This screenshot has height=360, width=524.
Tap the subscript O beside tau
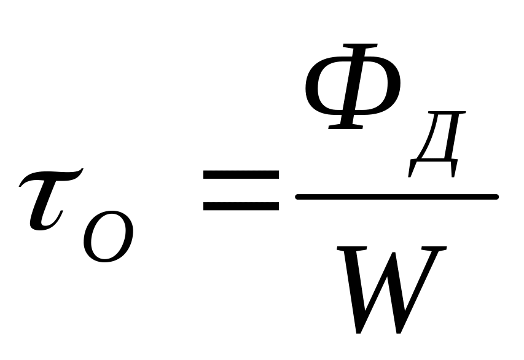click(108, 237)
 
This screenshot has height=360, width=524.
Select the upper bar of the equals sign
click(241, 177)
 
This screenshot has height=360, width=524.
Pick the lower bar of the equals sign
click(241, 206)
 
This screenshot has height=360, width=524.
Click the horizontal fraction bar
click(397, 197)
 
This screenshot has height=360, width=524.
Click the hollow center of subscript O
click(108, 237)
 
